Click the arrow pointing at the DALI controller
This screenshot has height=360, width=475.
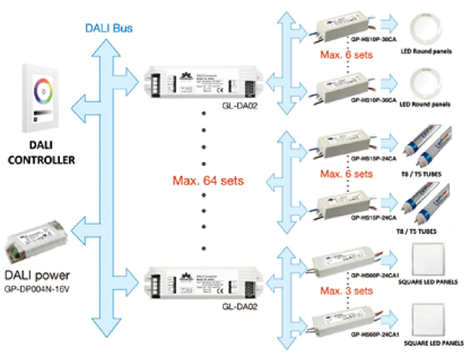(x=80, y=107)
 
